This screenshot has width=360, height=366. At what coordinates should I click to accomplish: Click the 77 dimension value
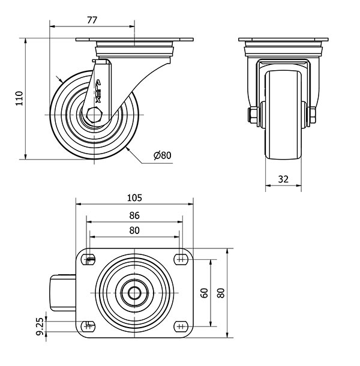click(x=92, y=20)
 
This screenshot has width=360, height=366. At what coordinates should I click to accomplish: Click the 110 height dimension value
click(x=19, y=98)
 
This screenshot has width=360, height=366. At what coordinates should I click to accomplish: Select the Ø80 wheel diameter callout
click(x=163, y=155)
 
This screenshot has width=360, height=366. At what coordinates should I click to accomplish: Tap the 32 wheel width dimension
click(x=283, y=179)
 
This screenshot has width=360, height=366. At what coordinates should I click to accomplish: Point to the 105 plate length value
click(x=134, y=198)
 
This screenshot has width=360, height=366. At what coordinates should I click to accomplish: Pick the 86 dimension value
click(x=134, y=215)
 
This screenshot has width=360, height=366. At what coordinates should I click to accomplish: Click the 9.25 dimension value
click(x=40, y=326)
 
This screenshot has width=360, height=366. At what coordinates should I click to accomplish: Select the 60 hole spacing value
click(x=205, y=293)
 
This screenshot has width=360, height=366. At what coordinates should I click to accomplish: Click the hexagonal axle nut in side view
click(x=94, y=115)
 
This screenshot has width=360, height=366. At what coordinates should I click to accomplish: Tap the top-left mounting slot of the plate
click(x=88, y=259)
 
